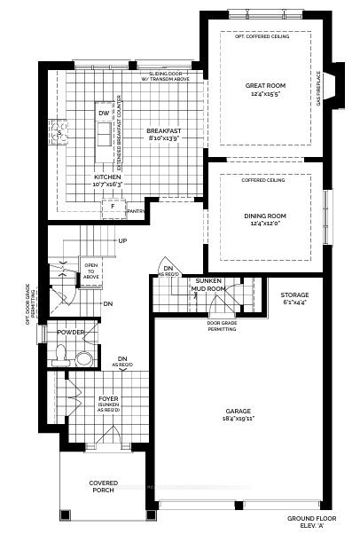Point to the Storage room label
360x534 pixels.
pyautogui.click(x=294, y=299)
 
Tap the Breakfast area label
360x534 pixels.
pyautogui.click(x=164, y=135)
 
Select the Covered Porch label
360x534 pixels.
pyautogui.click(x=103, y=487)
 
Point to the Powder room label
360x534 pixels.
pyautogui.click(x=70, y=332)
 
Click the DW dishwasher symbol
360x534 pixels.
pyautogui.click(x=104, y=114)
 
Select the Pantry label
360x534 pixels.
pyautogui.click(x=136, y=212)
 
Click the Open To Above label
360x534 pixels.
pyautogui.click(x=91, y=270)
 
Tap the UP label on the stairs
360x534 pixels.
pyautogui.click(x=121, y=241)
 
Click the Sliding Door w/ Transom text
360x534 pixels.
pyautogui.click(x=168, y=77)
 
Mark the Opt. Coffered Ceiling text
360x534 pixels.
pyautogui.click(x=261, y=37)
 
